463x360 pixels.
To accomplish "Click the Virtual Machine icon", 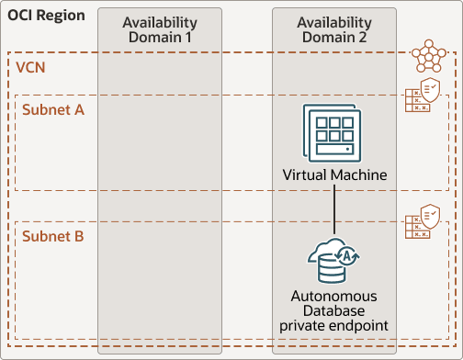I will pyautogui.click(x=334, y=135).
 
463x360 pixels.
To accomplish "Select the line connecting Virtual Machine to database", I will pyautogui.click(x=334, y=207).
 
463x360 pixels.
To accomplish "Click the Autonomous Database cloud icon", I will pyautogui.click(x=334, y=260).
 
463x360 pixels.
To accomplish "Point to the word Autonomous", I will pyautogui.click(x=334, y=297).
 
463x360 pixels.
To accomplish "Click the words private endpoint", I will pyautogui.click(x=334, y=326).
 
